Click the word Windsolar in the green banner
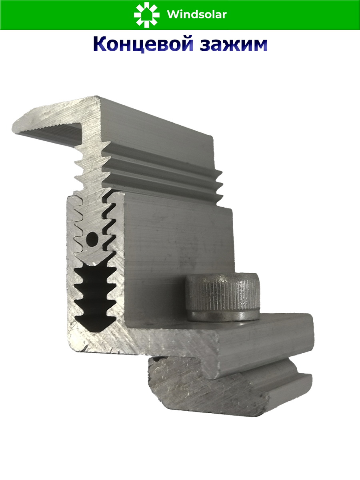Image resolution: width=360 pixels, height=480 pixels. tap(197, 15)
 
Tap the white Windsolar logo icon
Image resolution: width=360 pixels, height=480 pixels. tap(146, 15)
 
